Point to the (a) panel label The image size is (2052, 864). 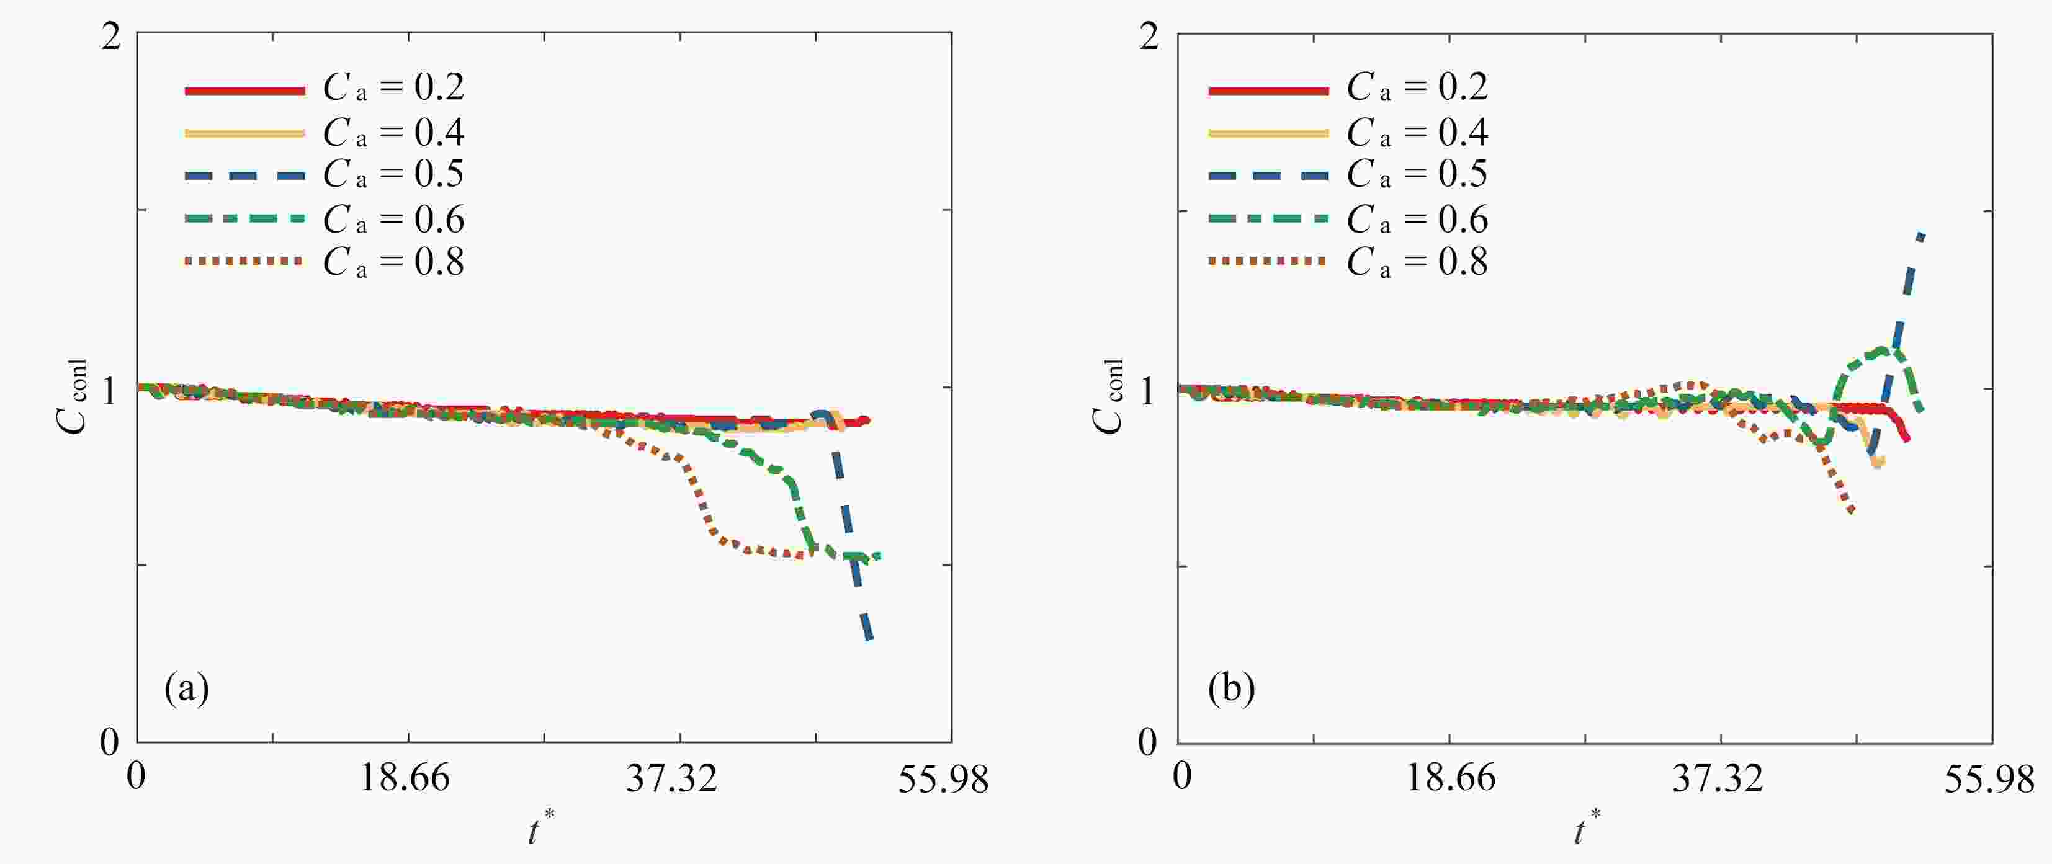point(186,687)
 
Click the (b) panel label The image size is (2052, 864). point(1230,687)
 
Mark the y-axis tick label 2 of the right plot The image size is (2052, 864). point(1148,37)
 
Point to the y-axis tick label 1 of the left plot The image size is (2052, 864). point(110,390)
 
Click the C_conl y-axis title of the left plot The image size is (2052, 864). point(73,396)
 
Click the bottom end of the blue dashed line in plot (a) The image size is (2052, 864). point(869,638)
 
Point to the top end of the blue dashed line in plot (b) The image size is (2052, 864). point(1922,234)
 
